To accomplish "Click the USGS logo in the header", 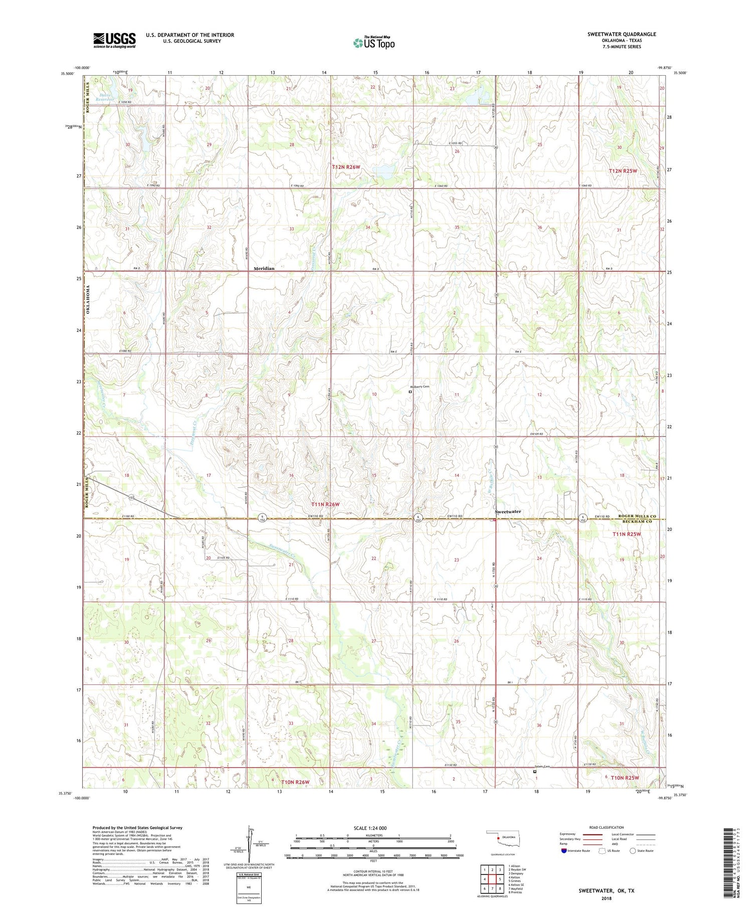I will pyautogui.click(x=114, y=40).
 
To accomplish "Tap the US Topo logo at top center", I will pyautogui.click(x=373, y=43).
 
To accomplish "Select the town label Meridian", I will pyautogui.click(x=264, y=269).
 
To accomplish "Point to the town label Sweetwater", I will pyautogui.click(x=508, y=511).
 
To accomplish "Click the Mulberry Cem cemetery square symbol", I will pyautogui.click(x=410, y=392).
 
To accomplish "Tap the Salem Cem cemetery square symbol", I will pyautogui.click(x=534, y=772).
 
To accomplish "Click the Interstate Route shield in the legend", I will pyautogui.click(x=564, y=851).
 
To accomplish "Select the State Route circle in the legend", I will pyautogui.click(x=633, y=850).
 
